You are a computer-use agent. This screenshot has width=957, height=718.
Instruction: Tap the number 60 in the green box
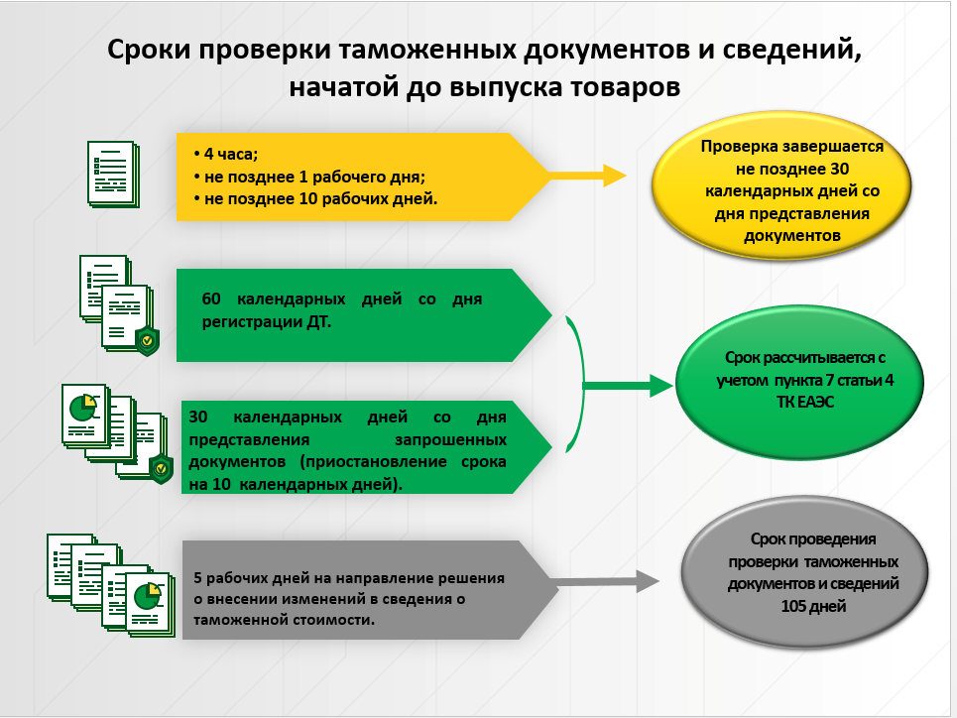click(x=214, y=299)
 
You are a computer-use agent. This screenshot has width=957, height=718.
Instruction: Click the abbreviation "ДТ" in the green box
click(x=319, y=320)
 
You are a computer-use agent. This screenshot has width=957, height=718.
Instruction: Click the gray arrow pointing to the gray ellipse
click(x=605, y=583)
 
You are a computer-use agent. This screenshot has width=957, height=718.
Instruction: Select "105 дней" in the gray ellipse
click(x=812, y=605)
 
